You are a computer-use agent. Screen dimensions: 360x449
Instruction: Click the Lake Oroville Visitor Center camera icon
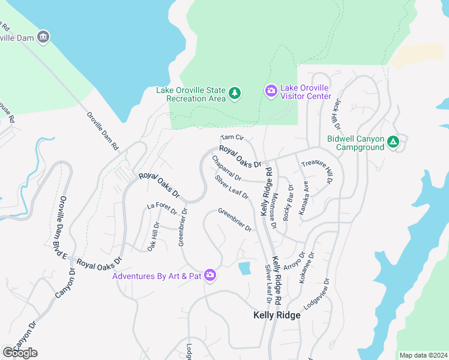(x=271, y=91)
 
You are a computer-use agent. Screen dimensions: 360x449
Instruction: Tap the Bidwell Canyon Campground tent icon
(x=393, y=142)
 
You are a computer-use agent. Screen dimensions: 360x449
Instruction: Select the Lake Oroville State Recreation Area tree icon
(x=235, y=93)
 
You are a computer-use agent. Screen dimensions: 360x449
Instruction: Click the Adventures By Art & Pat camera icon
(x=210, y=275)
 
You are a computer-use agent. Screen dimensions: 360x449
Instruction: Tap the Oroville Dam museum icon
(x=43, y=37)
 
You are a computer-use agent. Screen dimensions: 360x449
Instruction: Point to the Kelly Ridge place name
(x=276, y=316)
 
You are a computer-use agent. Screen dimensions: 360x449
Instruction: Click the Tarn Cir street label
(x=232, y=138)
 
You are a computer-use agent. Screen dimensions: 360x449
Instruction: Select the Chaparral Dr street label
(x=226, y=169)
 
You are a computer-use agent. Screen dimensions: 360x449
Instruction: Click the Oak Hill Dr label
(x=153, y=237)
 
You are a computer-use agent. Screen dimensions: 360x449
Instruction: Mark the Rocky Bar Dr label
(x=289, y=205)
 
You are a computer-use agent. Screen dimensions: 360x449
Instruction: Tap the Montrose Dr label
(x=274, y=211)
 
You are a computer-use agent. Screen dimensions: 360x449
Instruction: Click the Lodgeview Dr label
(x=317, y=293)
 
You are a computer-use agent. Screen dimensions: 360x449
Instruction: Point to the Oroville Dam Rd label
(x=103, y=131)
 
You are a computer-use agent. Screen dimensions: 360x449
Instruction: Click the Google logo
(x=20, y=353)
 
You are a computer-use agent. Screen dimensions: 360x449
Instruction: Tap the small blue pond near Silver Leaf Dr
(x=244, y=268)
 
